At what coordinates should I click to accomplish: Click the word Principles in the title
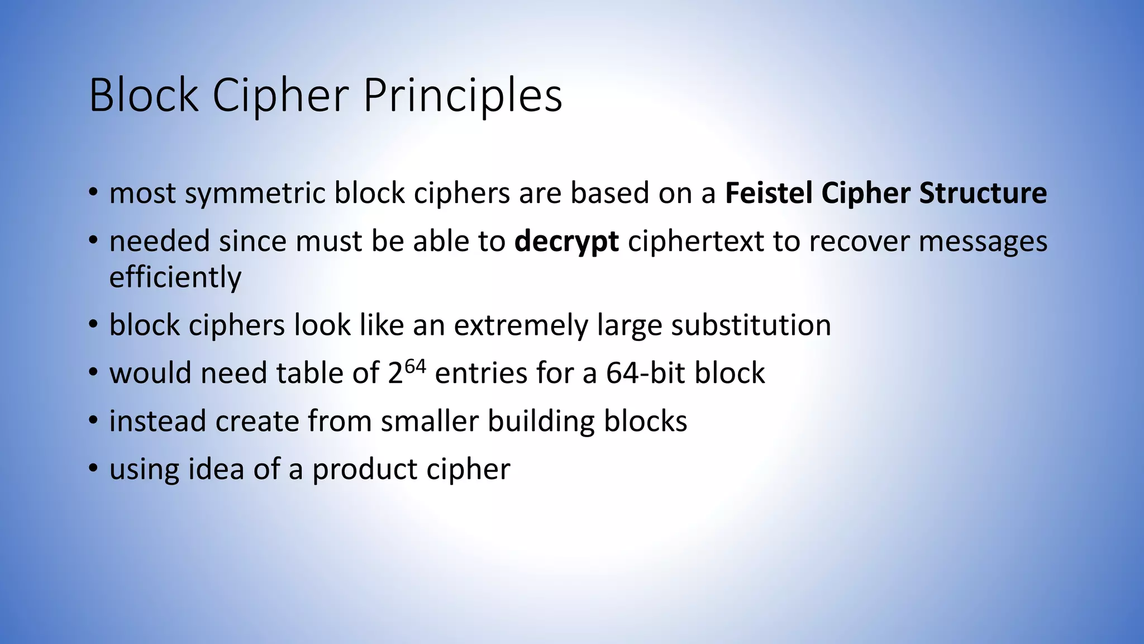coord(463,96)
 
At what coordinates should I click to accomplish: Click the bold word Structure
coord(983,193)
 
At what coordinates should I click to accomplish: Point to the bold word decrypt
coord(566,242)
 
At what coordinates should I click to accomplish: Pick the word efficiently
coord(175,278)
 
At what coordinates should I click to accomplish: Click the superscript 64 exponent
coord(415,367)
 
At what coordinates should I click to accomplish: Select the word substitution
coord(751,325)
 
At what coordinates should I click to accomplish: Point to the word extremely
coord(521,325)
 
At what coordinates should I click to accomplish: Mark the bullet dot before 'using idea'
coord(93,468)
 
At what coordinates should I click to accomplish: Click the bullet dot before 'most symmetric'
coord(93,193)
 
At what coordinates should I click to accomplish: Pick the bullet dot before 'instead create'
coord(93,420)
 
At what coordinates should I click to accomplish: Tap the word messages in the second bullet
coord(983,241)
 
